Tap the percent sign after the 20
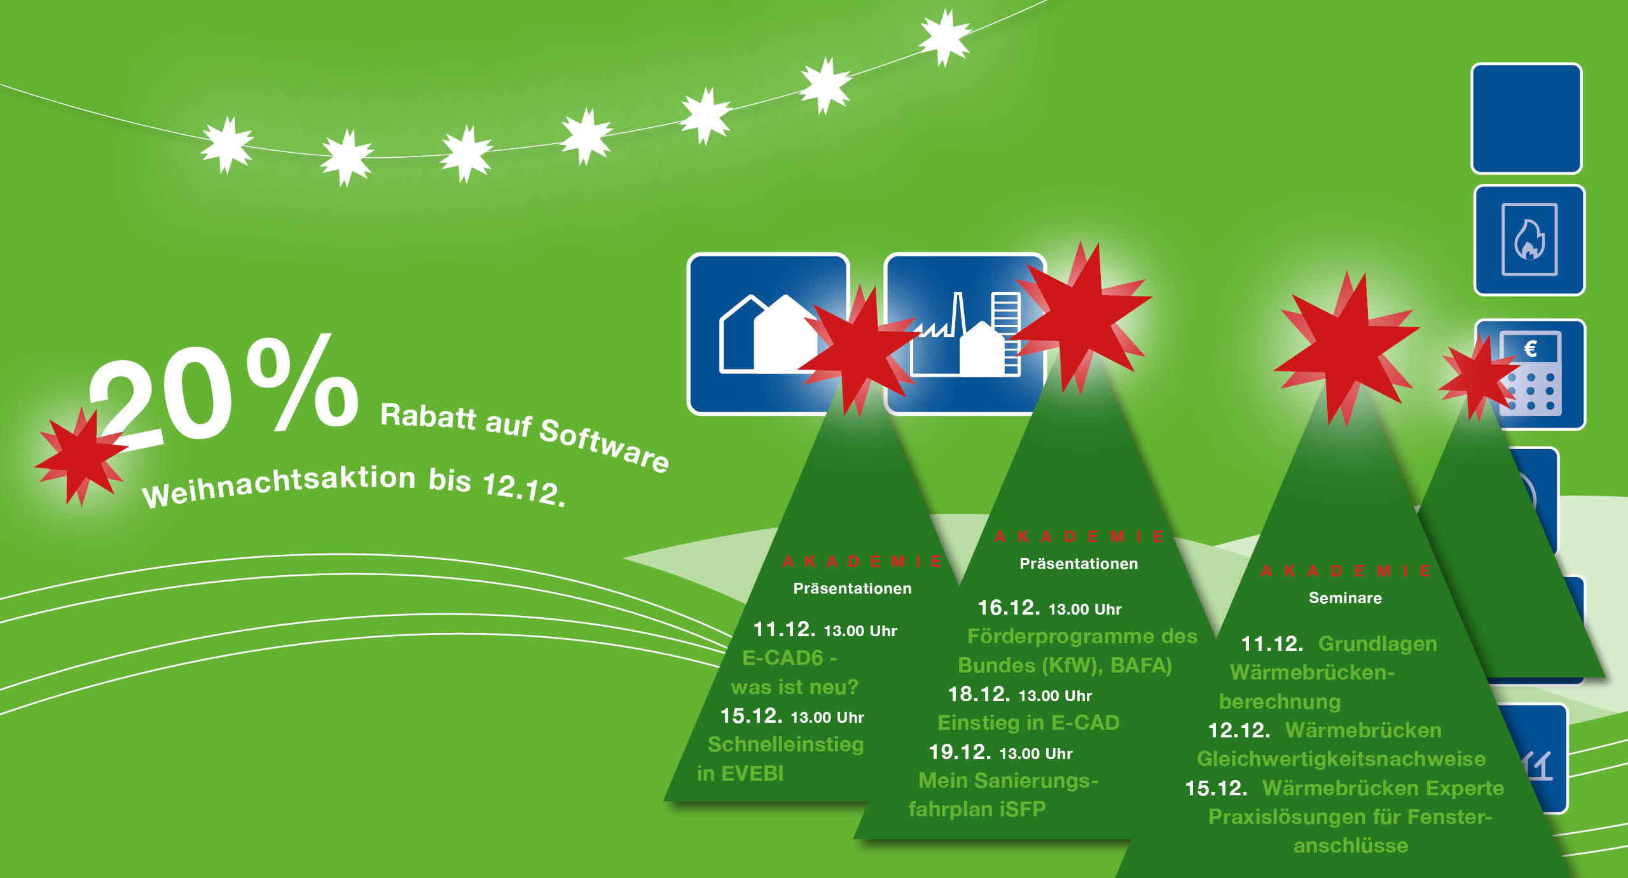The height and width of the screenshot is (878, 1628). click(x=303, y=382)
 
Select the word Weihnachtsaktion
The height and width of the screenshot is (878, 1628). click(x=279, y=486)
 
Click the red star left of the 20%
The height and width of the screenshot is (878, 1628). click(x=80, y=456)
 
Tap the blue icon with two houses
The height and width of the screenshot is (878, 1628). click(x=768, y=334)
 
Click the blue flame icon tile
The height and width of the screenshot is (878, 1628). click(x=1529, y=240)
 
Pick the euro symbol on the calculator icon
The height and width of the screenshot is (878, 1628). click(x=1531, y=348)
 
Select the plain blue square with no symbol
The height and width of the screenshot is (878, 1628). click(x=1526, y=118)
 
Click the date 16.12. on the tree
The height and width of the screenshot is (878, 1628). click(x=1009, y=608)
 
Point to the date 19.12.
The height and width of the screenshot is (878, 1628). click(x=960, y=752)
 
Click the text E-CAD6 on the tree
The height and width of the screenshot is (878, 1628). click(x=783, y=657)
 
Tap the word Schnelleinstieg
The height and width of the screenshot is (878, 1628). click(x=786, y=744)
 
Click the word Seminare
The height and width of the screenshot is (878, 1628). click(x=1345, y=598)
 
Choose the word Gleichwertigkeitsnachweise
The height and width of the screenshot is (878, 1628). click(x=1341, y=759)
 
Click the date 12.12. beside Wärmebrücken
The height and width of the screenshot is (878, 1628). click(x=1239, y=730)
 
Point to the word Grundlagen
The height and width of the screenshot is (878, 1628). click(x=1377, y=644)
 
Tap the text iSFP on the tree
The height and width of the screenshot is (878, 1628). click(x=1023, y=809)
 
